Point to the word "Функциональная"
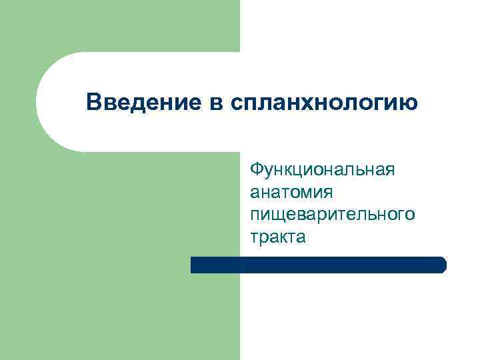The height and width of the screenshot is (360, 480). (322, 169)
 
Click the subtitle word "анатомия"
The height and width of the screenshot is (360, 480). (292, 192)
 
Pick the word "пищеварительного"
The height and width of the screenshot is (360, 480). (332, 214)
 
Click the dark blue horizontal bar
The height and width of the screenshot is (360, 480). (318, 265)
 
